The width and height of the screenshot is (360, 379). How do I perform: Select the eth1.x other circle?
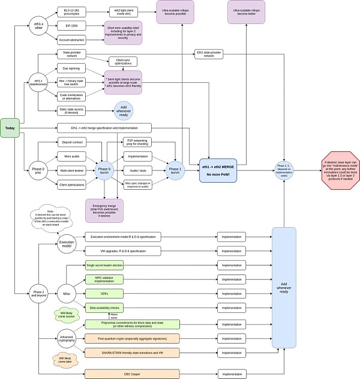40,26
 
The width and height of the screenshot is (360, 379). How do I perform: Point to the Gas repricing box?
71,68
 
